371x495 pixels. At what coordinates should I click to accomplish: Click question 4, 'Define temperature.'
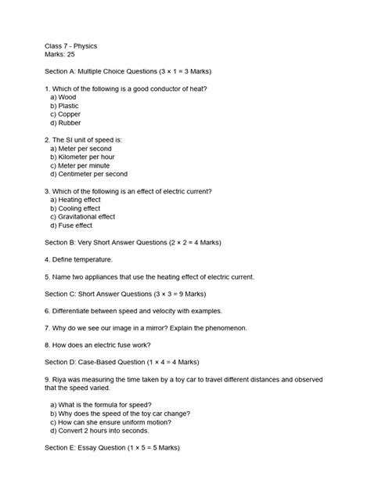(x=79, y=259)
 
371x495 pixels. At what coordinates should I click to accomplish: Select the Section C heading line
(x=118, y=294)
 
